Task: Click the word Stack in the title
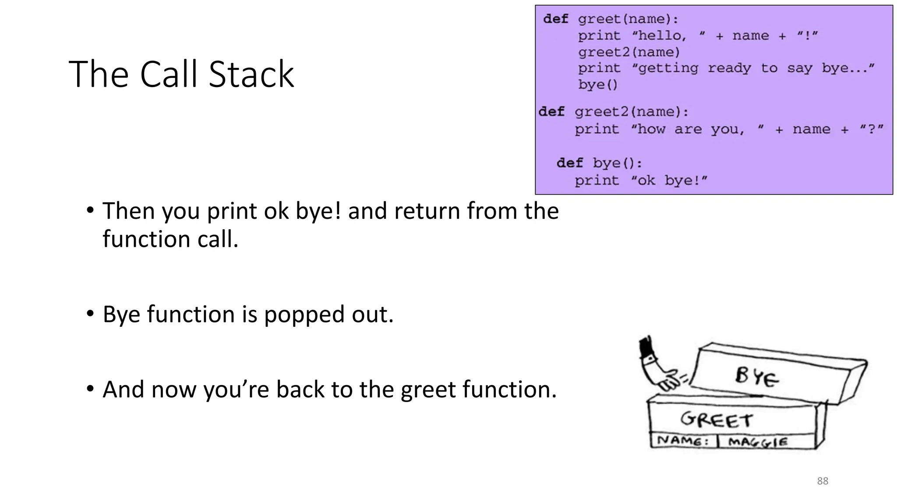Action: pyautogui.click(x=251, y=74)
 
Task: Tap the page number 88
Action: pyautogui.click(x=823, y=481)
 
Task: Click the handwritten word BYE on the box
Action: pyautogui.click(x=756, y=377)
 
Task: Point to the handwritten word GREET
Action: pyautogui.click(x=716, y=420)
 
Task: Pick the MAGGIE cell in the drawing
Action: pyautogui.click(x=757, y=442)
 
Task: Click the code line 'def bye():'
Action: pyautogui.click(x=599, y=163)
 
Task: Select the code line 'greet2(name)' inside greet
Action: pyautogui.click(x=629, y=52)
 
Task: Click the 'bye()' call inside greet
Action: pyautogui.click(x=597, y=84)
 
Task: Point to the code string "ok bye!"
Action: pyautogui.click(x=669, y=180)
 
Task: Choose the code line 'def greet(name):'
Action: pyautogui.click(x=611, y=19)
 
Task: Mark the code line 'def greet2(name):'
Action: pyautogui.click(x=613, y=112)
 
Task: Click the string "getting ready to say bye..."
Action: pyautogui.click(x=753, y=68)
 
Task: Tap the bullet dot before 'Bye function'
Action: pyautogui.click(x=90, y=313)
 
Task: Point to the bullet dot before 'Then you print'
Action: pyautogui.click(x=90, y=210)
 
